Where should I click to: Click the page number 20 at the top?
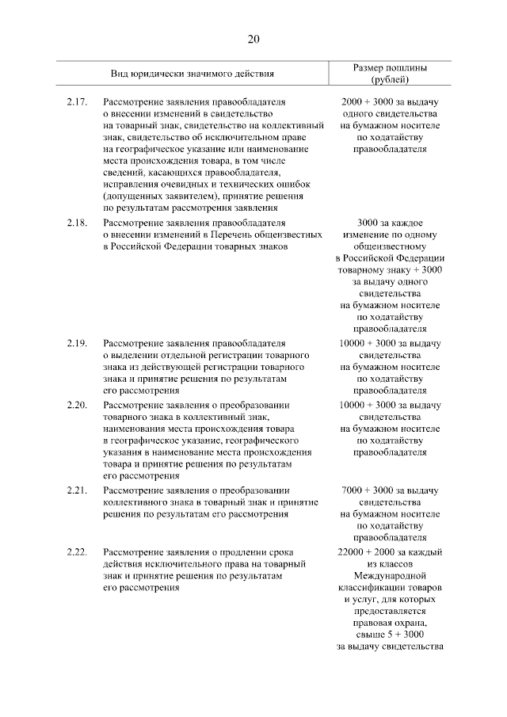(x=253, y=39)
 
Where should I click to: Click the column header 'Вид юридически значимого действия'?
(x=193, y=74)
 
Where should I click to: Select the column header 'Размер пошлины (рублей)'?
(x=389, y=74)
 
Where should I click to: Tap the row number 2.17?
(x=77, y=102)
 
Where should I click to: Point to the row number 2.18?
(x=77, y=223)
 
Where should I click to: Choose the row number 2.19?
(x=77, y=343)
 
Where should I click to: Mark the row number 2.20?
(x=77, y=404)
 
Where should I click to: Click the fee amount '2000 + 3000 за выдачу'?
(x=389, y=102)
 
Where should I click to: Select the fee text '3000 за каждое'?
(x=389, y=223)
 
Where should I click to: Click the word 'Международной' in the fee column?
(x=389, y=575)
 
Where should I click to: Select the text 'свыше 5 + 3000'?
(x=389, y=635)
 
